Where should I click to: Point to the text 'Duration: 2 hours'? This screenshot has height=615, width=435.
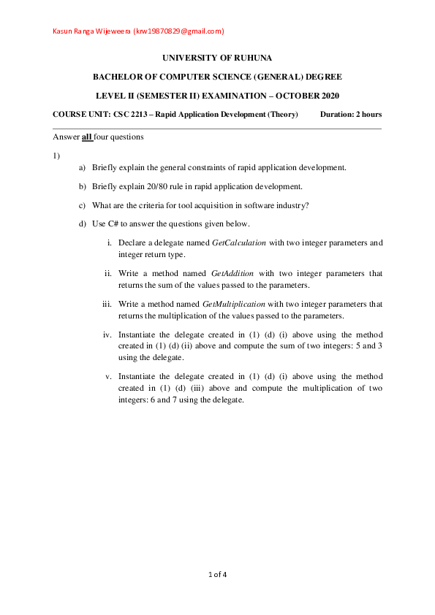(x=351, y=115)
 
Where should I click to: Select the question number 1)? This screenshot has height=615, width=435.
(x=56, y=156)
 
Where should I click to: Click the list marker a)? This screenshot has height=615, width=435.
(x=83, y=167)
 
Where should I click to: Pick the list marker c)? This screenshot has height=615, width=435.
(x=83, y=205)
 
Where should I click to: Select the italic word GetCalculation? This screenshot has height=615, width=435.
(x=238, y=242)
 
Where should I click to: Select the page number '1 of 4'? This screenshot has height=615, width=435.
(x=218, y=575)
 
